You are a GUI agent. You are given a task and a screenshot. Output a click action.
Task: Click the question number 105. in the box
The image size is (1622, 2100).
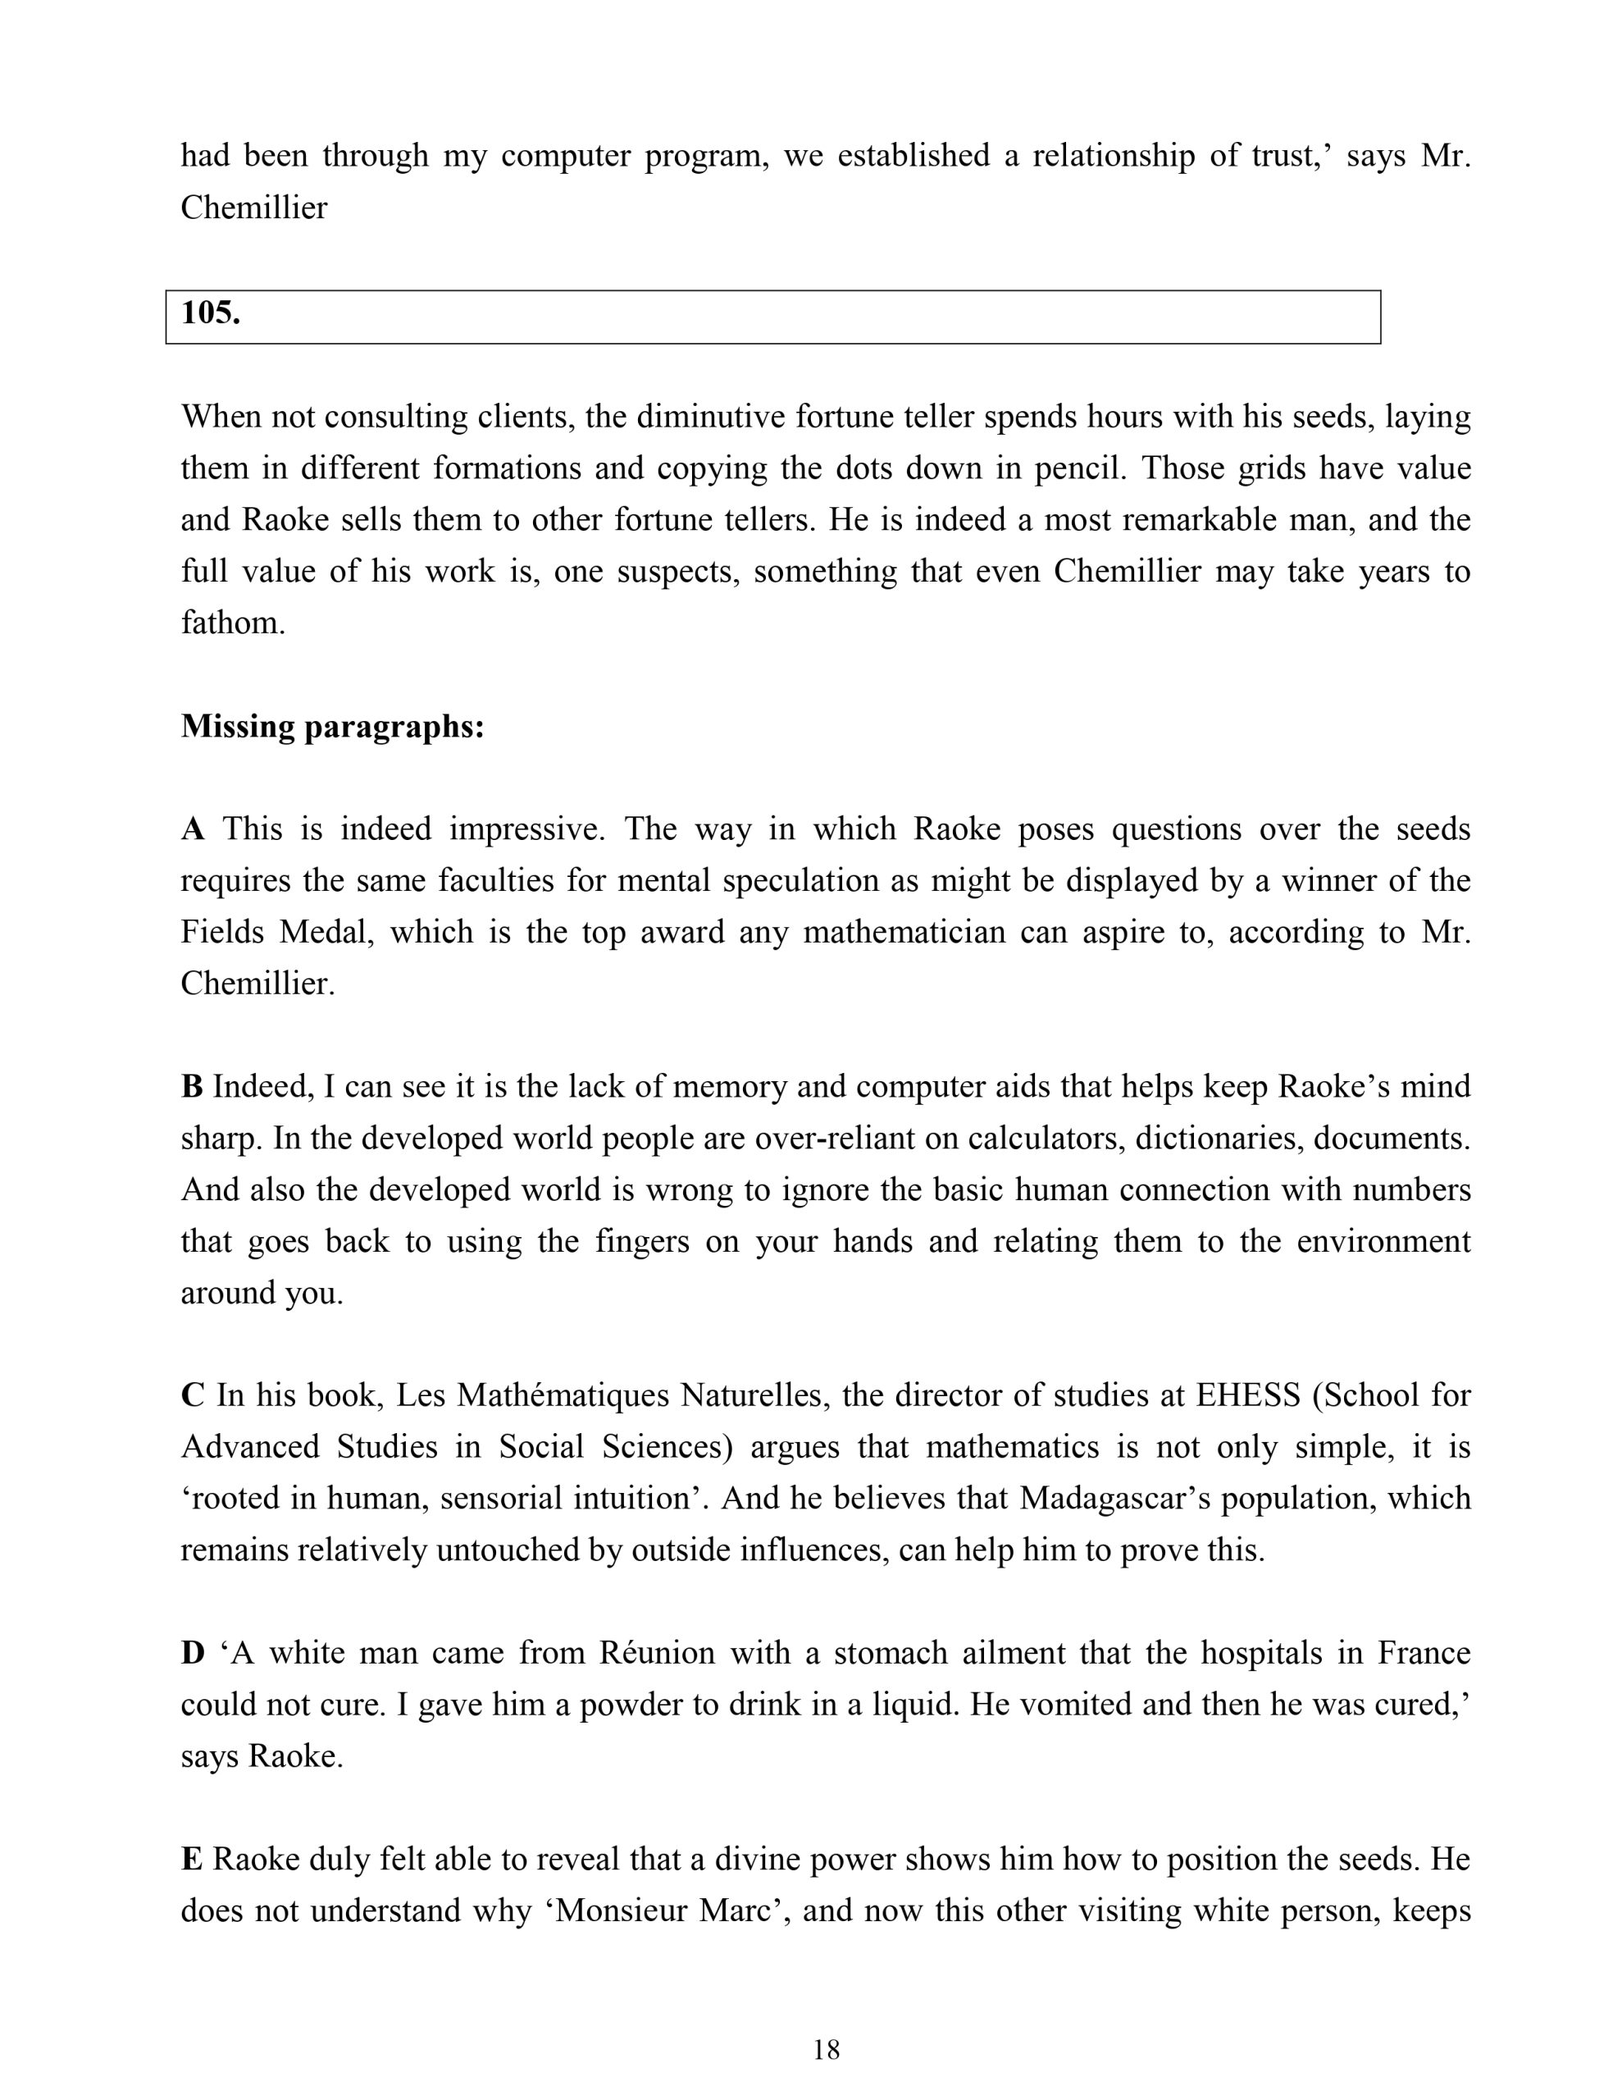click(211, 313)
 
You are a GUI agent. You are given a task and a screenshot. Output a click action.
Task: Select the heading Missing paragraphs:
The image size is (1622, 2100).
click(333, 727)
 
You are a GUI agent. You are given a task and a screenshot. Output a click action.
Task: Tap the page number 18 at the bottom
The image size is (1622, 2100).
click(826, 2051)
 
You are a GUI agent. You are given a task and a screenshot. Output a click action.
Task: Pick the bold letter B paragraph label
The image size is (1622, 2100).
click(191, 1088)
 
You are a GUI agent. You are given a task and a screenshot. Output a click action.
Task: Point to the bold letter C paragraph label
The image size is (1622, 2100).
click(192, 1396)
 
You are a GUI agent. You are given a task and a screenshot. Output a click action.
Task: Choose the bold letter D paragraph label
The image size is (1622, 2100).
click(192, 1654)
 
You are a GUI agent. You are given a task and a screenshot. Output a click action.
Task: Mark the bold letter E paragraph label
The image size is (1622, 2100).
click(191, 1860)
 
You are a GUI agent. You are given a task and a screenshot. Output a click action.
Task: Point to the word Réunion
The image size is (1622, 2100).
click(657, 1654)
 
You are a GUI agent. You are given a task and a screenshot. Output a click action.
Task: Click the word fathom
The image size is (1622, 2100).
click(233, 624)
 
